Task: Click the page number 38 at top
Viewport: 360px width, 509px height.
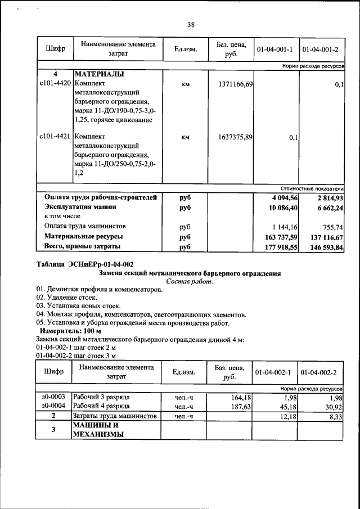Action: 191,25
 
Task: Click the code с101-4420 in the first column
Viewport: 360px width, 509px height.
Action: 55,84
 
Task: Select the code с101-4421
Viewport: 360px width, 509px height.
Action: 55,137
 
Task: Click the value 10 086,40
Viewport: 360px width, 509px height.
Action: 283,208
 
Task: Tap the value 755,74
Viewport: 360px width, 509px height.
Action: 332,227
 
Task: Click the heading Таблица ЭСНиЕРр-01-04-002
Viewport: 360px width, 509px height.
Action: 85,265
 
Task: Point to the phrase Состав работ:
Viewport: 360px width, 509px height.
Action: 190,281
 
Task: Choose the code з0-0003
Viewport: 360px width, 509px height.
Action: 54,397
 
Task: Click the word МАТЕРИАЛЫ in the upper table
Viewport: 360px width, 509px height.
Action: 99,74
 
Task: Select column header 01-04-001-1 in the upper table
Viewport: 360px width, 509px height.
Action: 274,51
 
